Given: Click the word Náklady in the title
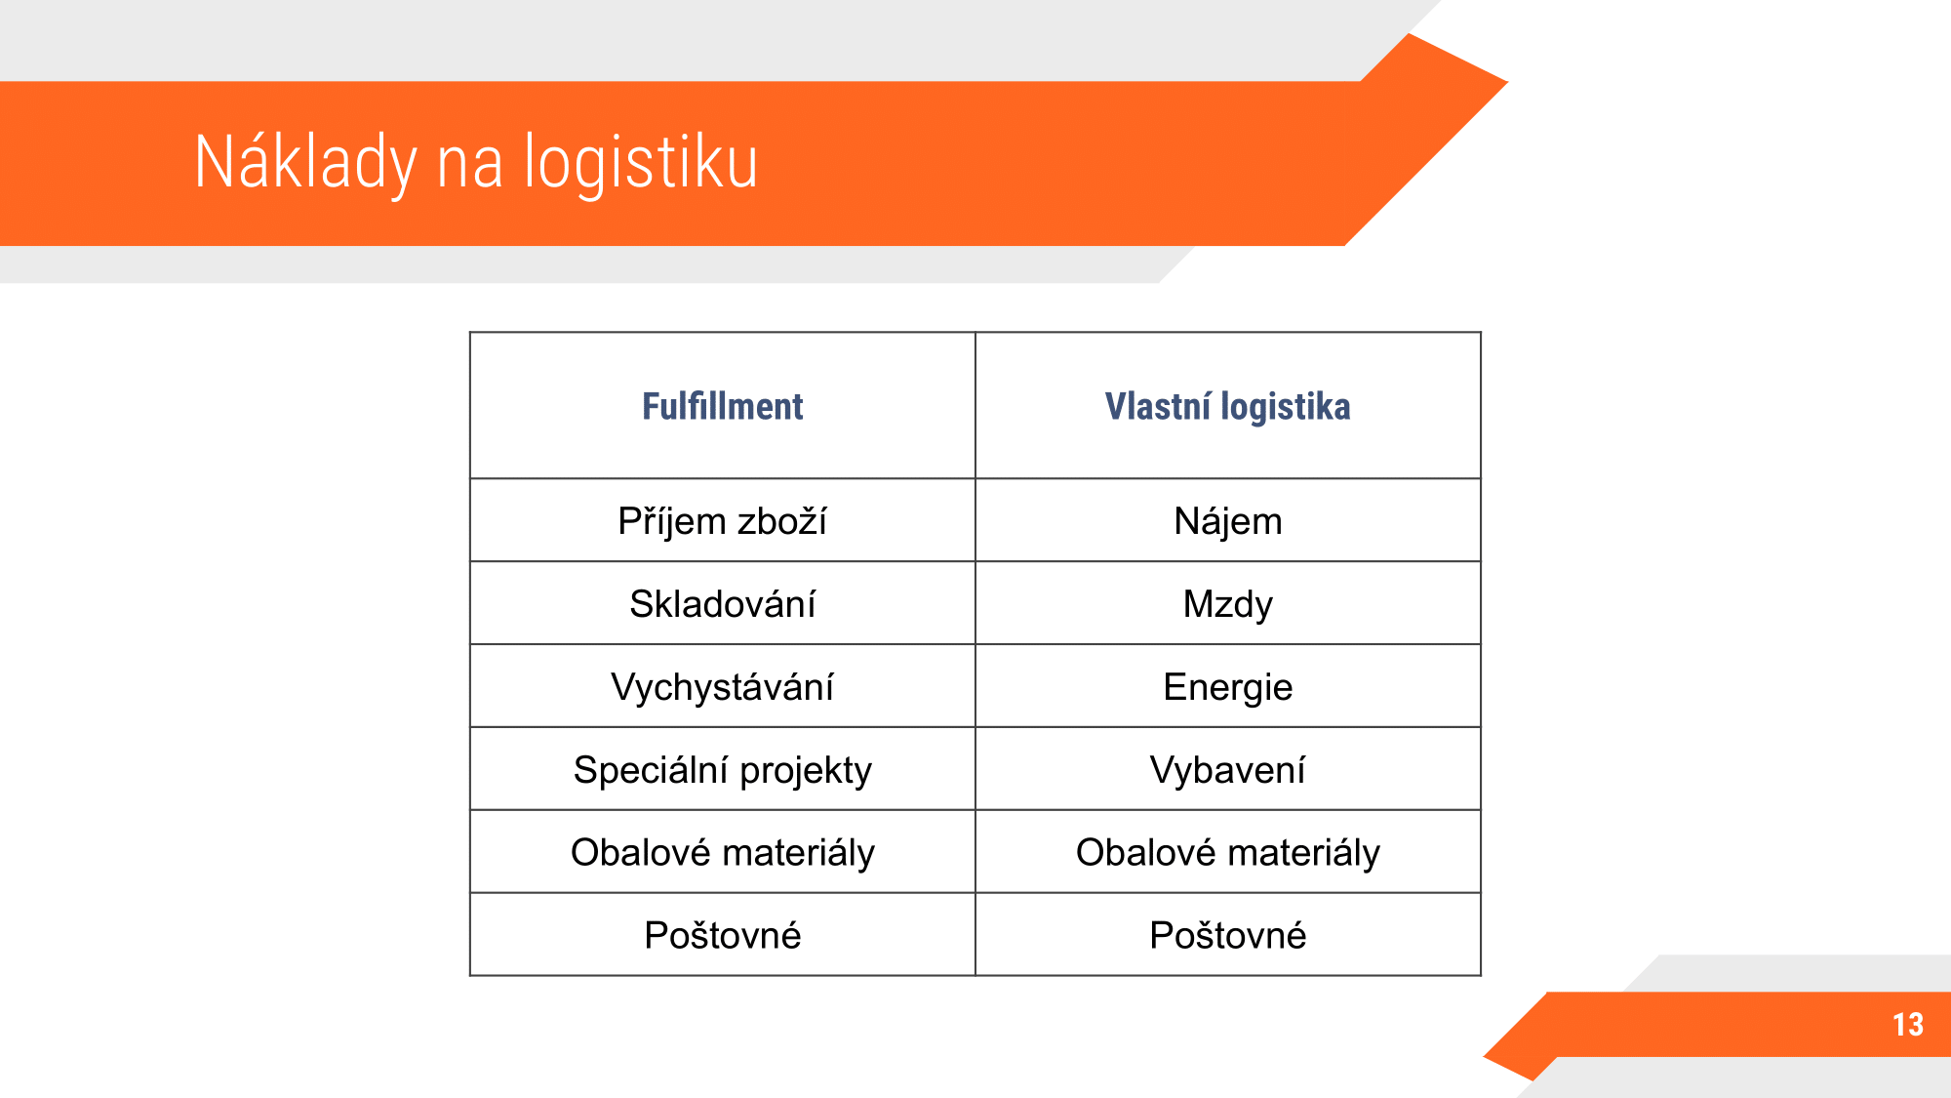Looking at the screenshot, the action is click(305, 163).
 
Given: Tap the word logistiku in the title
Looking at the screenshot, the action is click(641, 161).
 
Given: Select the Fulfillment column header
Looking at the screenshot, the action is click(723, 406).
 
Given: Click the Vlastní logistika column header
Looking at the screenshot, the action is click(1227, 406).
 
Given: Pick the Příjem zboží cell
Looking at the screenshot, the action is click(723, 521).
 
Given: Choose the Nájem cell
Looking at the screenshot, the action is click(1228, 521).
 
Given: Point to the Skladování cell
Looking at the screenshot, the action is click(723, 604).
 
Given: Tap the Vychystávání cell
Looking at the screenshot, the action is click(723, 687).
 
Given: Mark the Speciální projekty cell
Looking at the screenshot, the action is click(723, 770).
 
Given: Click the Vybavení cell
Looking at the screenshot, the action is click(1228, 770).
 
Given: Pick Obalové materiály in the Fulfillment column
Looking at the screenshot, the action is click(723, 853).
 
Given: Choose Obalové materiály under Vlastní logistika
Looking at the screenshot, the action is click(1228, 853).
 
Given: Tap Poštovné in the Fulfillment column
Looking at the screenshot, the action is click(723, 935).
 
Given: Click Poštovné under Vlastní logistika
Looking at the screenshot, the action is click(1228, 935).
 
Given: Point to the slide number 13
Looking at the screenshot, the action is click(1908, 1024).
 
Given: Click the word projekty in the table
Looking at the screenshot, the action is click(806, 771).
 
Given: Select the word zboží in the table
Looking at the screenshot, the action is click(782, 521).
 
